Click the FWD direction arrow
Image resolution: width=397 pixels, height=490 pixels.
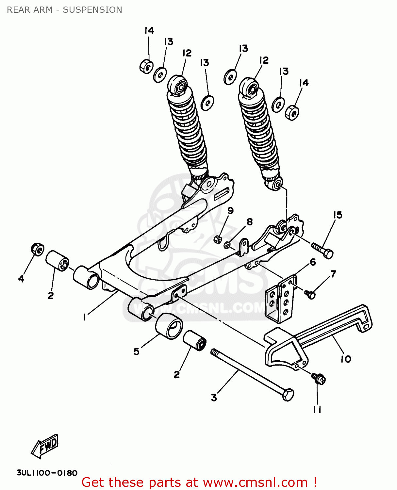[x=45, y=446]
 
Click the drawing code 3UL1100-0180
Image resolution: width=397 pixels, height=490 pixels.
[x=47, y=473]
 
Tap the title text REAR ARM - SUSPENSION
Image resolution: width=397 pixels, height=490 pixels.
[x=64, y=10]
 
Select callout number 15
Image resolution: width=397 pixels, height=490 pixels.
[x=338, y=215]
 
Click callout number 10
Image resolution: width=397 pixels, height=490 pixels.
[x=346, y=359]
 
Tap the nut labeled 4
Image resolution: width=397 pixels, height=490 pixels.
[x=38, y=250]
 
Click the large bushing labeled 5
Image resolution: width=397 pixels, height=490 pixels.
[x=169, y=326]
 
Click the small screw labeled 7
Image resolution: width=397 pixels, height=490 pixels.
[x=310, y=294]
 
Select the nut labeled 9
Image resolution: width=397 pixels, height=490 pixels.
[x=218, y=239]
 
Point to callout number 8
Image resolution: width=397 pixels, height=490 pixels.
[x=250, y=222]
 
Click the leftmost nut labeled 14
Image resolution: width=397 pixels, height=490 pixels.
[x=146, y=67]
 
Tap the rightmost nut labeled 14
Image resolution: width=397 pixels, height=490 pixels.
[x=292, y=113]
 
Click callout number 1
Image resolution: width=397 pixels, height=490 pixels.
[x=84, y=317]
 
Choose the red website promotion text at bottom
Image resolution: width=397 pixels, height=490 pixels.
[x=199, y=482]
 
